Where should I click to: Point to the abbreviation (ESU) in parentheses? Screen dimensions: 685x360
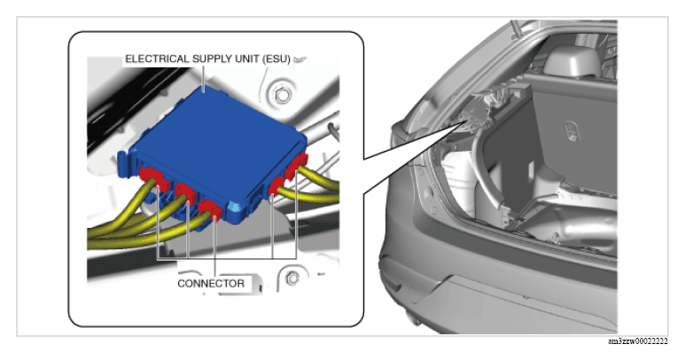pos(276,59)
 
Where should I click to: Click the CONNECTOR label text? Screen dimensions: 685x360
pos(211,284)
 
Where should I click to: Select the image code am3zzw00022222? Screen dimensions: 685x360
pos(638,341)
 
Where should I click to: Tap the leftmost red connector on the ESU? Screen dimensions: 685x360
pos(151,178)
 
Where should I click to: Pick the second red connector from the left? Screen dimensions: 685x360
pos(186,193)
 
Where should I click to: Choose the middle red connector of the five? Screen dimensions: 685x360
pos(211,210)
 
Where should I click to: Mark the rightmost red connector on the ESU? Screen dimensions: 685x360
pos(297,165)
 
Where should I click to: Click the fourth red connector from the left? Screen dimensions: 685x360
pos(277,184)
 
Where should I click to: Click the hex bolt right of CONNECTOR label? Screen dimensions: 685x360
pos(292,278)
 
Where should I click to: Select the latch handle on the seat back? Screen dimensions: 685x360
pos(572,130)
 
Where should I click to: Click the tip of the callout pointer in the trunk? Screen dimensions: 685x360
pos(465,121)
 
